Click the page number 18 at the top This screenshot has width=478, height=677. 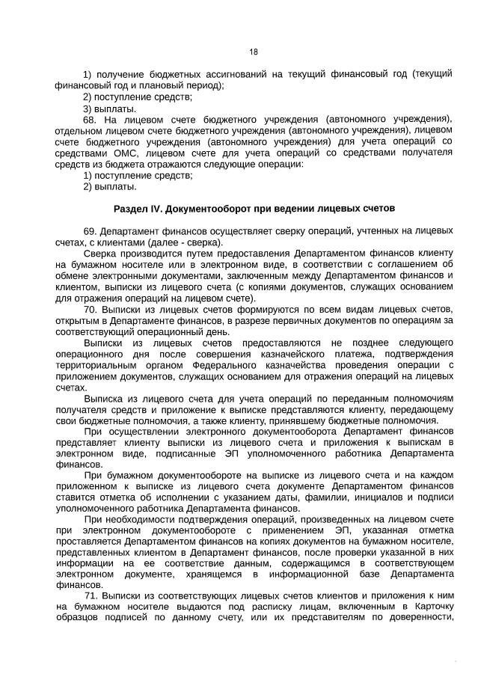tap(253, 52)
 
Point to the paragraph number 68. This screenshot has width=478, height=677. tap(90, 119)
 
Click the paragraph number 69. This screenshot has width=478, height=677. tap(90, 230)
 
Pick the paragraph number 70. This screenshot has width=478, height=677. tap(90, 308)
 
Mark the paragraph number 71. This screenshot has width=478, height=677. tap(90, 595)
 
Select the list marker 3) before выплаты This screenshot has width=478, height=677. tap(88, 108)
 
